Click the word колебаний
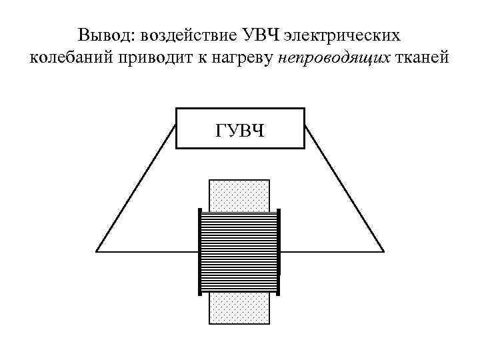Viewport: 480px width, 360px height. click(x=69, y=59)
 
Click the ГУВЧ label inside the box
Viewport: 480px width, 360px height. click(x=240, y=128)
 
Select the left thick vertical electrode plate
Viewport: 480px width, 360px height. click(x=200, y=251)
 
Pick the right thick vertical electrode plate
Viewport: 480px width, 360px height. click(x=279, y=251)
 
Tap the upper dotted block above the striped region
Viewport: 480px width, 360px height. click(x=239, y=195)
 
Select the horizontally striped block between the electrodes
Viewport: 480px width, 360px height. click(x=239, y=251)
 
